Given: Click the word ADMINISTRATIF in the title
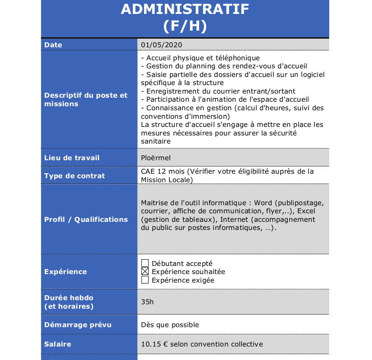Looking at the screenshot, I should pos(185,9).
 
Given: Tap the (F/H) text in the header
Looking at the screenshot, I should pos(185,26).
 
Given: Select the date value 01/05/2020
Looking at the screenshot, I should pos(161,45).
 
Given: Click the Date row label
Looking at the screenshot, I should pos(53,45).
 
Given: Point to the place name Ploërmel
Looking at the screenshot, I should pos(155,158).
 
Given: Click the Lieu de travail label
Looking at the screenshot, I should pos(72,158).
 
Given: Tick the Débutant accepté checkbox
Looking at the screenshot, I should pos(145,263).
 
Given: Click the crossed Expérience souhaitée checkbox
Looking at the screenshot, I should pos(145,271).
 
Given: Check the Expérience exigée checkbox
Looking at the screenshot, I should pos(145,280).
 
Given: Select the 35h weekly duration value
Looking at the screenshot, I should pos(147,301).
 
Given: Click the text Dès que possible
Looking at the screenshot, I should pos(170,325).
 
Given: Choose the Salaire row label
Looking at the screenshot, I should pos(58,344).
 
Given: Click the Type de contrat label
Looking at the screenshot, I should pos(74,176).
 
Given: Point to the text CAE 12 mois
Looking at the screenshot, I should pos(162,171).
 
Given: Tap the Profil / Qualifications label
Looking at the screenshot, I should pos(86,220).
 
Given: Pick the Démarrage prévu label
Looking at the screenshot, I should pos(77,325).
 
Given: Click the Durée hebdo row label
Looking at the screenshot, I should pos(69,298).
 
